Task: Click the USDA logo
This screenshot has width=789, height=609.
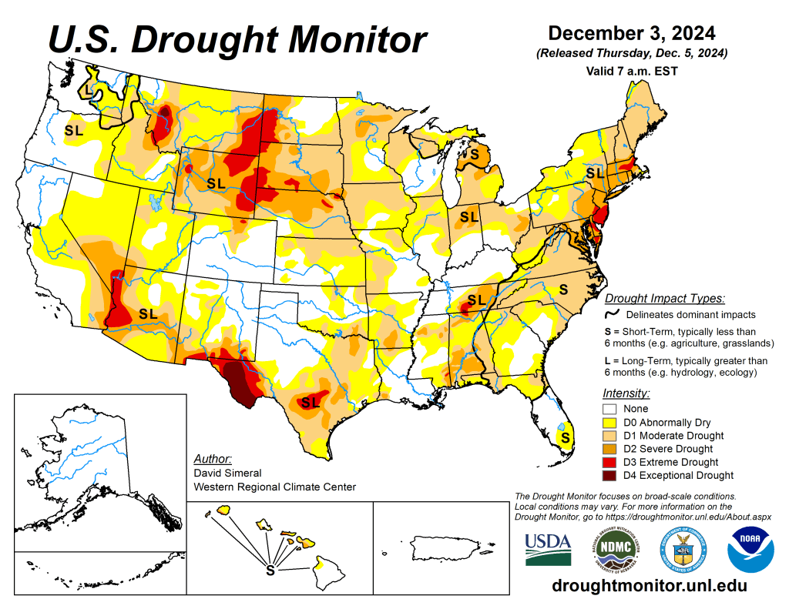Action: point(548,548)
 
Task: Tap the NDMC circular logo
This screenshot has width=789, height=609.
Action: point(610,548)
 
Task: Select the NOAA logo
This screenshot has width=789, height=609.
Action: point(750,548)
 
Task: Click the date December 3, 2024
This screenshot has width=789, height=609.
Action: point(632,34)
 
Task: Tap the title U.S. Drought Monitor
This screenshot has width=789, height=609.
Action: point(237,38)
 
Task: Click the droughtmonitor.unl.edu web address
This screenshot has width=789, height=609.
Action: point(650,586)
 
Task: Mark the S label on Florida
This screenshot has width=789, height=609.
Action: point(566,437)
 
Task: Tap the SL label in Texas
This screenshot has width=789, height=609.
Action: point(311,402)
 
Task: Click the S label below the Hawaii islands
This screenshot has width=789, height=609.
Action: point(270,571)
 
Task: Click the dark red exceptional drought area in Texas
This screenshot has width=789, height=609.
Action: point(242,385)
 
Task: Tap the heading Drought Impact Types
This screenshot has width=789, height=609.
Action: point(664,298)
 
